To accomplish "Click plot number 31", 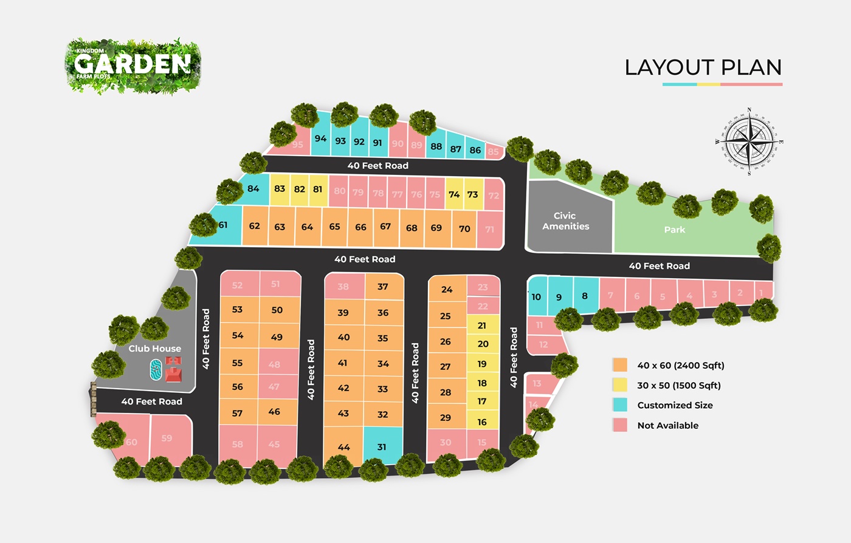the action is click(x=382, y=447).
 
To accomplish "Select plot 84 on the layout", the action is click(x=253, y=189).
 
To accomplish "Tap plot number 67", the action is click(x=385, y=227).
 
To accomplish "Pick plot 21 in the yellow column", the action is click(x=482, y=326).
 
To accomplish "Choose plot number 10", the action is click(x=536, y=297).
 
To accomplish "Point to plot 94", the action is click(x=320, y=138).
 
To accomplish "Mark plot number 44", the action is click(x=343, y=447).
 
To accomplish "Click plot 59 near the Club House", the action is click(x=167, y=438).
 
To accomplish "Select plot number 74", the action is click(x=454, y=194).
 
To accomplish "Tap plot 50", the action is click(x=277, y=310).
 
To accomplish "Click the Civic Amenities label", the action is click(x=565, y=220).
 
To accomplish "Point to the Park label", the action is click(x=674, y=230).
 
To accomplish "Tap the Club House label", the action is click(x=154, y=349).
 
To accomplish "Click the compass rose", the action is click(x=749, y=141).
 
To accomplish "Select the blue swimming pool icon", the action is click(x=156, y=369).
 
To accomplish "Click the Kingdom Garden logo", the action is click(x=133, y=66).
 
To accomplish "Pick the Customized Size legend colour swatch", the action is click(x=620, y=405).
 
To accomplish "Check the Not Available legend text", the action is click(x=667, y=425).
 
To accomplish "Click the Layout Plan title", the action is click(x=703, y=67).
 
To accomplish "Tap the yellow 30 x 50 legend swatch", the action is click(x=620, y=385).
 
